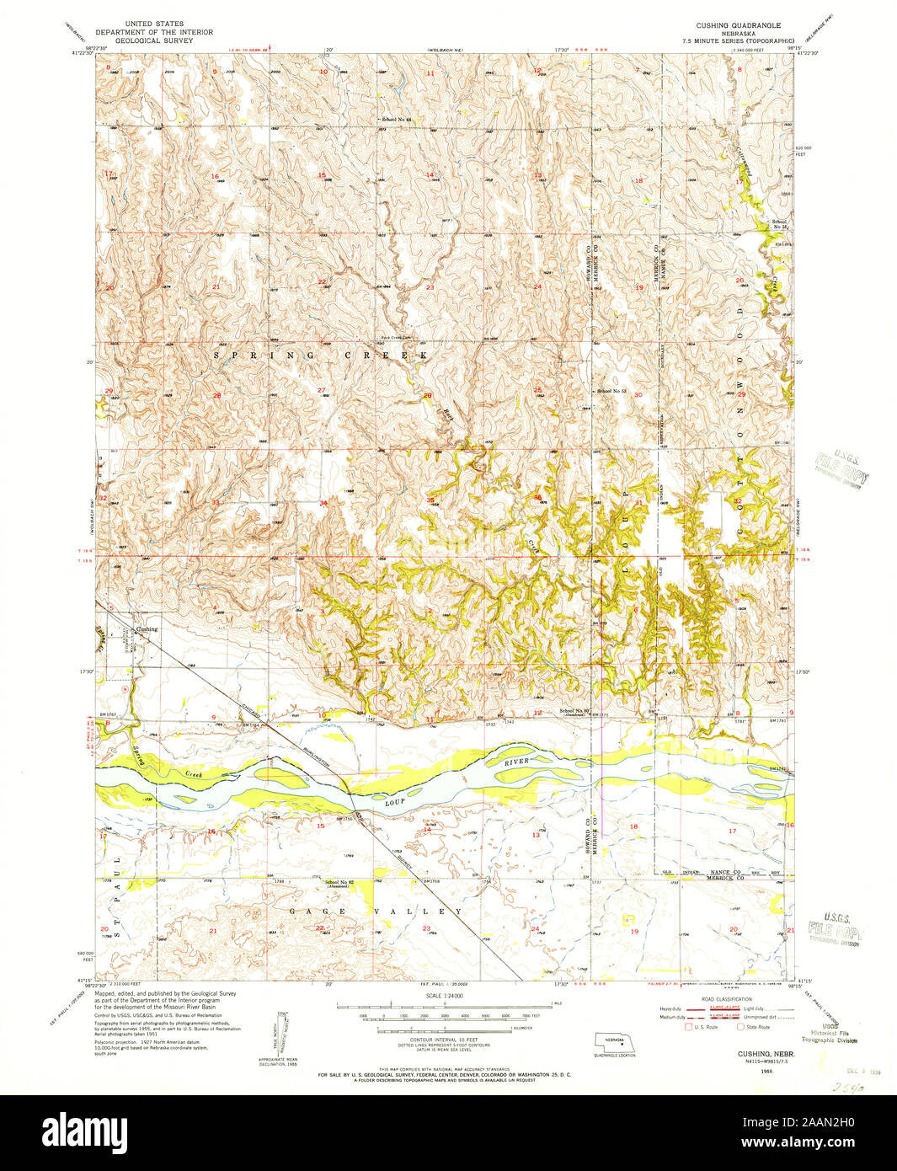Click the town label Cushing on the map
click(147, 629)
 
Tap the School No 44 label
click(396, 120)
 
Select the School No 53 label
click(612, 392)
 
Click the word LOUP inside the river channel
click(396, 803)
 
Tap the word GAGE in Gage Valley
click(303, 911)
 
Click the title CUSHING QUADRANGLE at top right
click(744, 26)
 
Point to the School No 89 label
click(576, 711)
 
